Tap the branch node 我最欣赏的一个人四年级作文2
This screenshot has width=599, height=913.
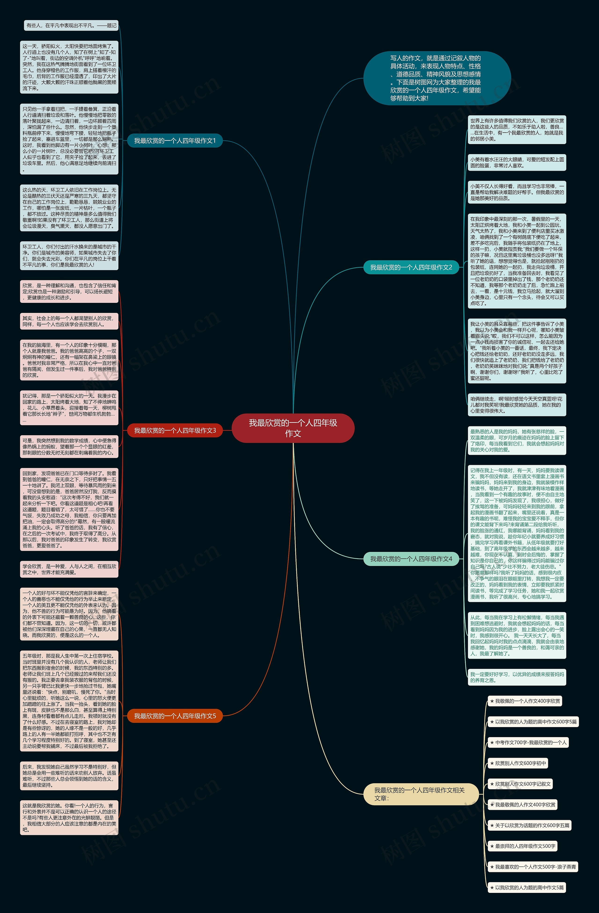pos(411,267)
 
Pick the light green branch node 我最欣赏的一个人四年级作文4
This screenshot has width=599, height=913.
pos(411,559)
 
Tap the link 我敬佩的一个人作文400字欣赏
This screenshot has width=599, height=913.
pos(525,701)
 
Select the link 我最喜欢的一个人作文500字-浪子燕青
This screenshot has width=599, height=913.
pos(533,867)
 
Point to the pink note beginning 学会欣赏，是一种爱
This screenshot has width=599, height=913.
pos(69,569)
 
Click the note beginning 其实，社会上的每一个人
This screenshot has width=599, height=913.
pos(69,321)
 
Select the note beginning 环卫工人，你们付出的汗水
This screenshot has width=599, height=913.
pos(69,255)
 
